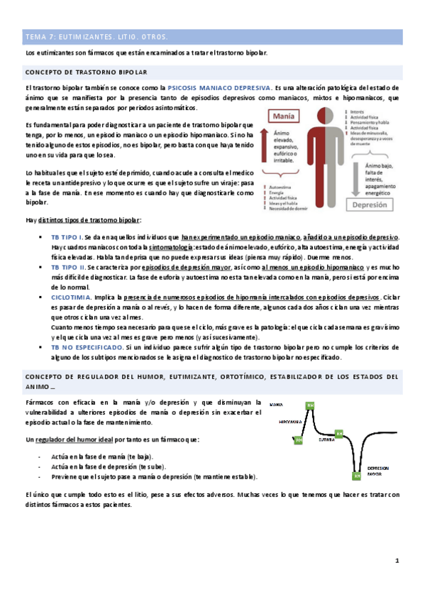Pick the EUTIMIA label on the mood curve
[x=327, y=439]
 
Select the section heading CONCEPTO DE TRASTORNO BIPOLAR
[x=86, y=72]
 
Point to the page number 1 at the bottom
[x=397, y=562]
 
